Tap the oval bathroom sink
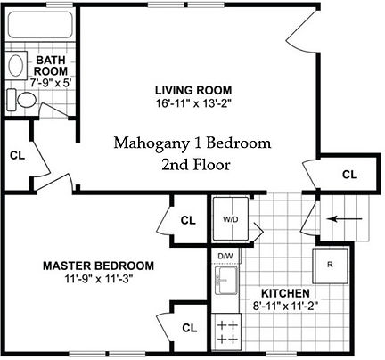pos(17,65)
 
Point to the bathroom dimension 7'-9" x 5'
pos(52,80)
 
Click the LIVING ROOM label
pos(193,90)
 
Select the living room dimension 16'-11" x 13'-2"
pos(193,102)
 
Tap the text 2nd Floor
pos(196,165)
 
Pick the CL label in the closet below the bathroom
pos(16,154)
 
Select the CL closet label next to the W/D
pos(188,220)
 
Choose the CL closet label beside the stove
pos(189,328)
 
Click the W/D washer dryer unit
pos(231,218)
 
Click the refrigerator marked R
pos(329,265)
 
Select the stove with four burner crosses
pos(227,333)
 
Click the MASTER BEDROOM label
pos(99,266)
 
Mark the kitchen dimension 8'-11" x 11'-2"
pos(285,306)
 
